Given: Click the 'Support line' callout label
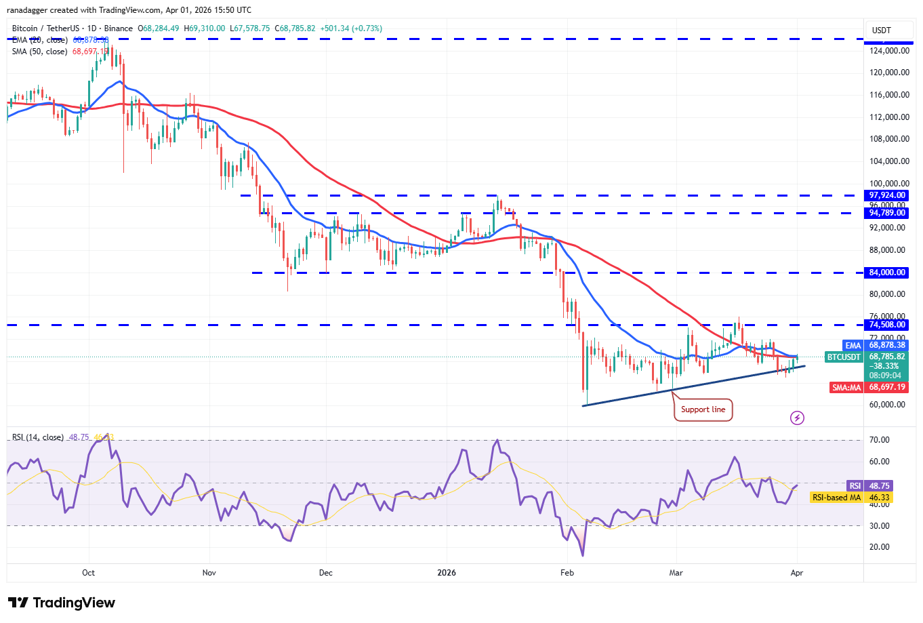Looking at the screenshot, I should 703,409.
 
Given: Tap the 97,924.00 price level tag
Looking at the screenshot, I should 887,195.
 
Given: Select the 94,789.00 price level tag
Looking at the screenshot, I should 887,213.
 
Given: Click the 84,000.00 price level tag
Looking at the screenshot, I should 887,273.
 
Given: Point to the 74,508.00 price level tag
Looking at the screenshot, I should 887,325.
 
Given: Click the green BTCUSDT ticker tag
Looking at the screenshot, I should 844,357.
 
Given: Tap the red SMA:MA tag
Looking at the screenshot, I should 846,387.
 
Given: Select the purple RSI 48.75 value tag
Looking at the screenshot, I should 855,486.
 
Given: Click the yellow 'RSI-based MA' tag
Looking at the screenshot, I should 836,498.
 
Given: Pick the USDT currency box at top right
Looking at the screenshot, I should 881,31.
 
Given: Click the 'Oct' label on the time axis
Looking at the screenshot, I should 88,573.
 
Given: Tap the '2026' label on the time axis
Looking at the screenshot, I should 447,573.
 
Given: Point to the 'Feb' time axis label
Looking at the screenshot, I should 567,573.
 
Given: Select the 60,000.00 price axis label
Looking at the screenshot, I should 888,405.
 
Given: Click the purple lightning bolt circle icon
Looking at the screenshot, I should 798,418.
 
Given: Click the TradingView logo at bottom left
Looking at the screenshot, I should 62,603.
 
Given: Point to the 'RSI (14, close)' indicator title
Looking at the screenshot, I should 38,437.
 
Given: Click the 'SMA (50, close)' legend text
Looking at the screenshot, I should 39,52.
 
